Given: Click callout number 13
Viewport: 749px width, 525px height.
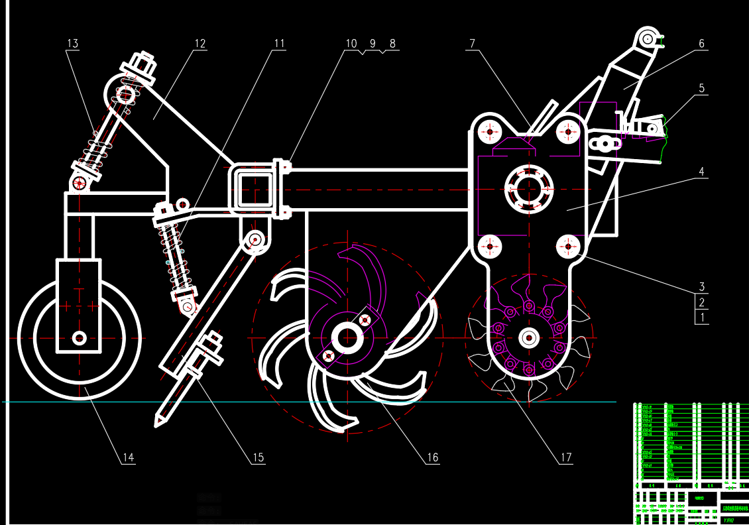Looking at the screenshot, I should pos(72,44).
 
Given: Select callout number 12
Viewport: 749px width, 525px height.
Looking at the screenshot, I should pos(200,44).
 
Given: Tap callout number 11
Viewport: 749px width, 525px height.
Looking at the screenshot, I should pos(279,44).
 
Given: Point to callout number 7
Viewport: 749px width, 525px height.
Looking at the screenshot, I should pos(472,44).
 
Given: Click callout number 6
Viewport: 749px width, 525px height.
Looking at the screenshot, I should pos(701,44).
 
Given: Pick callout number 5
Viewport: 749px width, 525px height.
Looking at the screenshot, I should pos(701,88).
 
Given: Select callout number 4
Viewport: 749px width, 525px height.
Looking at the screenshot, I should pos(701,172).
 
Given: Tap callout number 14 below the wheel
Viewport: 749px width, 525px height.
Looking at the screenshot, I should pos(128,457).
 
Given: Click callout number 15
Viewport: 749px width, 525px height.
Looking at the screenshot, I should pos(258,457).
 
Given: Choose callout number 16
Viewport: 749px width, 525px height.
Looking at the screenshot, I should pos(432,457).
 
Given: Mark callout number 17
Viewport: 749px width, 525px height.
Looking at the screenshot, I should pos(565,457).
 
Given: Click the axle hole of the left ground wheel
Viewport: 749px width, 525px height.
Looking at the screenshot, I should pos(80,338).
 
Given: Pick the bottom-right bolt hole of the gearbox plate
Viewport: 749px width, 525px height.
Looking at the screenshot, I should pos(568,247).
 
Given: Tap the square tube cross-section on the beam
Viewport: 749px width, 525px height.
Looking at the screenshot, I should pos(253,189).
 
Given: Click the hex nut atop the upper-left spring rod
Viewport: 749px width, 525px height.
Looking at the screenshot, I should pos(143,66).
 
